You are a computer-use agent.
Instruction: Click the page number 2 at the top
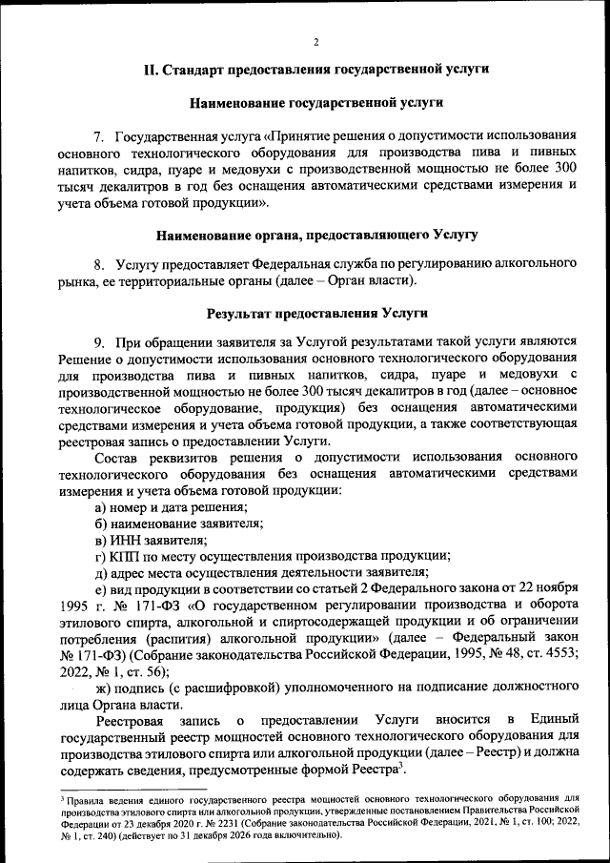click(316, 42)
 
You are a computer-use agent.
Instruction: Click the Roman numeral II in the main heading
click(150, 70)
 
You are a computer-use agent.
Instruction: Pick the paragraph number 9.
click(98, 342)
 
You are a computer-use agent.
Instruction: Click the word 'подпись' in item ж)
click(137, 687)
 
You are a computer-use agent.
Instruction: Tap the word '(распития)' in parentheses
click(173, 638)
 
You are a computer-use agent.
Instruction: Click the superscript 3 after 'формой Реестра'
click(404, 765)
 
